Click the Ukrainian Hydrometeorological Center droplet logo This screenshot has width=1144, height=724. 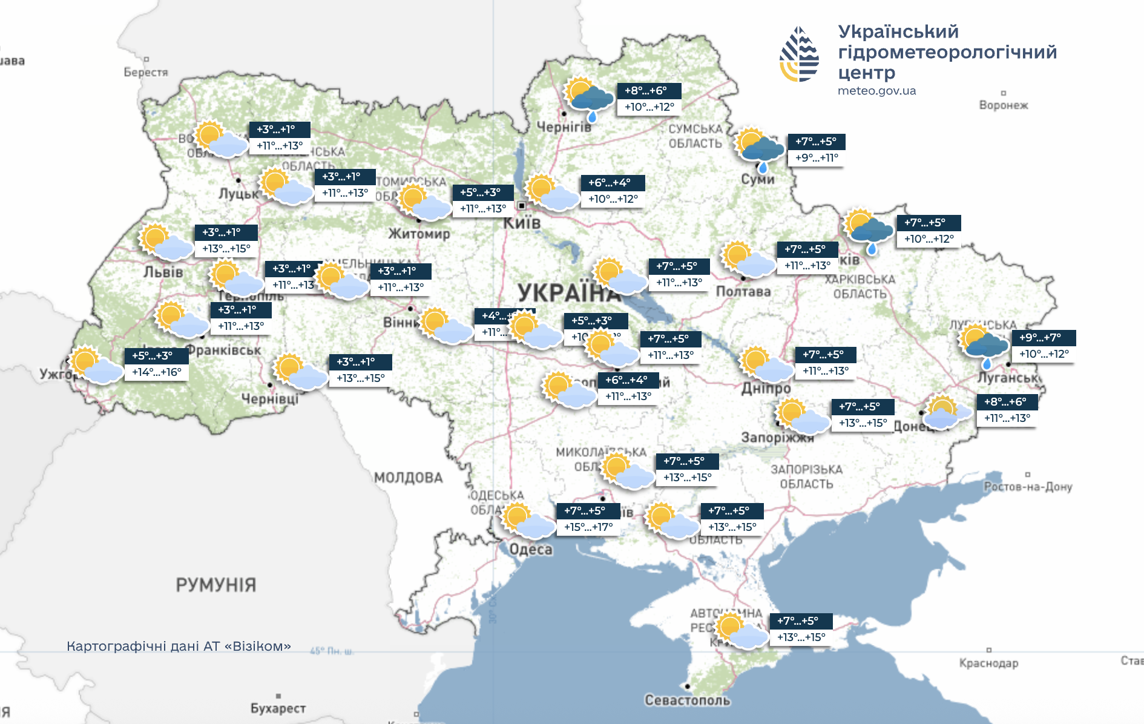click(799, 54)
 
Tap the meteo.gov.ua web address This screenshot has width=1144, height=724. click(876, 91)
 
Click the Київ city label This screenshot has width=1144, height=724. click(522, 223)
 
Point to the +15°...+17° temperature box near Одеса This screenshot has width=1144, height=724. click(588, 527)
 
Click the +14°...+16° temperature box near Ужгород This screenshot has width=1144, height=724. click(157, 372)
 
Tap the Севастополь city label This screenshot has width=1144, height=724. click(687, 700)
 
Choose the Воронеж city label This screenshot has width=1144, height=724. click(1003, 105)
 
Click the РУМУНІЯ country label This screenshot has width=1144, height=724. click(216, 585)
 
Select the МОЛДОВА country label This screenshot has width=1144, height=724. click(408, 478)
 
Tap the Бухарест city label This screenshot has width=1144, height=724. click(278, 708)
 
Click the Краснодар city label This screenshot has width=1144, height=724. click(988, 663)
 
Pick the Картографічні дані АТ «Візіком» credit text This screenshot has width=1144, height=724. click(179, 647)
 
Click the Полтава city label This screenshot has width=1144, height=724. click(743, 291)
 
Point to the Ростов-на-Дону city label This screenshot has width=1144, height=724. click(1027, 487)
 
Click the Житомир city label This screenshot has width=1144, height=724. click(419, 234)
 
